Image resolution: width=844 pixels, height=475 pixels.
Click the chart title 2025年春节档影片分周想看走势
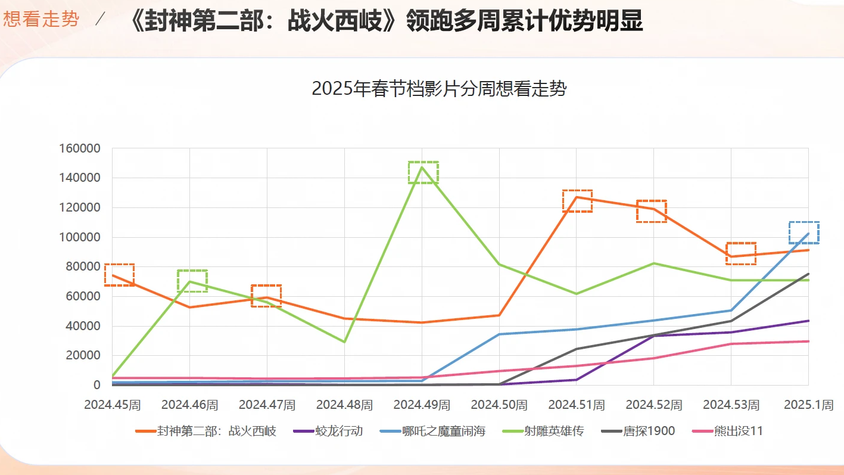pyautogui.click(x=439, y=89)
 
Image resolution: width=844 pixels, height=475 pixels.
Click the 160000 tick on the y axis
pyautogui.click(x=80, y=148)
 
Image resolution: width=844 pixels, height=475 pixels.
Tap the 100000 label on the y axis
pyautogui.click(x=80, y=237)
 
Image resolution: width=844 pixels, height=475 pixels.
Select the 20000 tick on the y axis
pyautogui.click(x=83, y=356)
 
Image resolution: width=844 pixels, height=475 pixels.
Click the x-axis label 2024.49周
pyautogui.click(x=422, y=405)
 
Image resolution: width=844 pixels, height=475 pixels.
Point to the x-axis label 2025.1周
pyautogui.click(x=808, y=405)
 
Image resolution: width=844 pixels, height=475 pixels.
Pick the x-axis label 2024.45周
pyautogui.click(x=113, y=405)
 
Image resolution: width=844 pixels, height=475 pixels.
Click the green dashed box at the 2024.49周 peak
pyautogui.click(x=423, y=172)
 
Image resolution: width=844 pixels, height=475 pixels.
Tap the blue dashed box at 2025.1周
pyautogui.click(x=803, y=232)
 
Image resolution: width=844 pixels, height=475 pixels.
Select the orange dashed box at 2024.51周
pyautogui.click(x=577, y=201)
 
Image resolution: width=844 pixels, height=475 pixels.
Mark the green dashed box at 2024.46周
pyautogui.click(x=192, y=281)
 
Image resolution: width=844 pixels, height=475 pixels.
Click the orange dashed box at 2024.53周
pyautogui.click(x=740, y=253)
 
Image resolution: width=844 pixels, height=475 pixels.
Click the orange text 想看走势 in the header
pyautogui.click(x=41, y=19)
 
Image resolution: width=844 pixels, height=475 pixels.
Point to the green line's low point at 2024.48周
pyautogui.click(x=344, y=341)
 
